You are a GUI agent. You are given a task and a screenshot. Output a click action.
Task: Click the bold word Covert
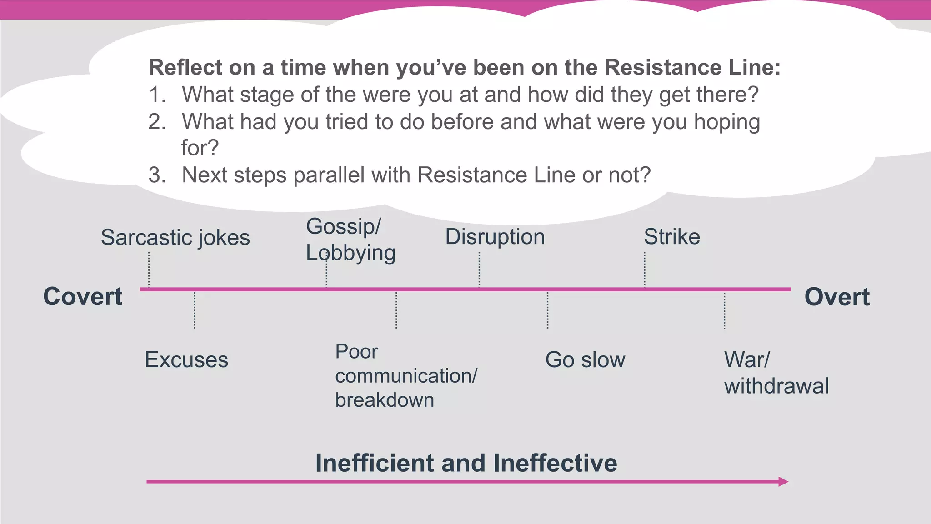(x=83, y=297)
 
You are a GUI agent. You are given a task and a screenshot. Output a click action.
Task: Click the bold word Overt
(x=836, y=297)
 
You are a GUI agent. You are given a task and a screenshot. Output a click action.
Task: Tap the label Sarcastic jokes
(x=175, y=237)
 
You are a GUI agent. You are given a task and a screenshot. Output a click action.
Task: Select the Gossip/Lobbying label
(x=350, y=240)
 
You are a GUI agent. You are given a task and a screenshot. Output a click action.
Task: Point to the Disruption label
(x=495, y=237)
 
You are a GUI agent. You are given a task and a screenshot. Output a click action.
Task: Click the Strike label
(x=671, y=237)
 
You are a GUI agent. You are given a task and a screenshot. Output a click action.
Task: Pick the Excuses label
(x=186, y=360)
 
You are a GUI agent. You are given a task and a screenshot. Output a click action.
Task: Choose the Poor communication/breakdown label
(x=405, y=376)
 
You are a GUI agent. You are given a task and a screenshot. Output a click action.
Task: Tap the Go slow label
(x=585, y=360)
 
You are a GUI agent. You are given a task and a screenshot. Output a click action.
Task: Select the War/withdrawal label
(x=776, y=373)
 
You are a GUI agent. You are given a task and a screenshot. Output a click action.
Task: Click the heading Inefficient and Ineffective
(x=466, y=463)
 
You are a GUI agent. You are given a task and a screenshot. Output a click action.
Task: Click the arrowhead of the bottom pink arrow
(x=783, y=482)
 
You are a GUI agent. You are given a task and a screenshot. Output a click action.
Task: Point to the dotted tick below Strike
(x=645, y=269)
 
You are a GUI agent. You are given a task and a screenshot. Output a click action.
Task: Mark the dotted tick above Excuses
(x=195, y=310)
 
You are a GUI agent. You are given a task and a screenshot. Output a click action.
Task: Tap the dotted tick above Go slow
(x=547, y=310)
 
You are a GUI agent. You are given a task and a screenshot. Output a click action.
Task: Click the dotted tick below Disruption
(x=479, y=269)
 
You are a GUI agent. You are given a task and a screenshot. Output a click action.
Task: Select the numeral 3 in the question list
(x=156, y=175)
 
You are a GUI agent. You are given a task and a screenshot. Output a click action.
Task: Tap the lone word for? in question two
(x=200, y=148)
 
